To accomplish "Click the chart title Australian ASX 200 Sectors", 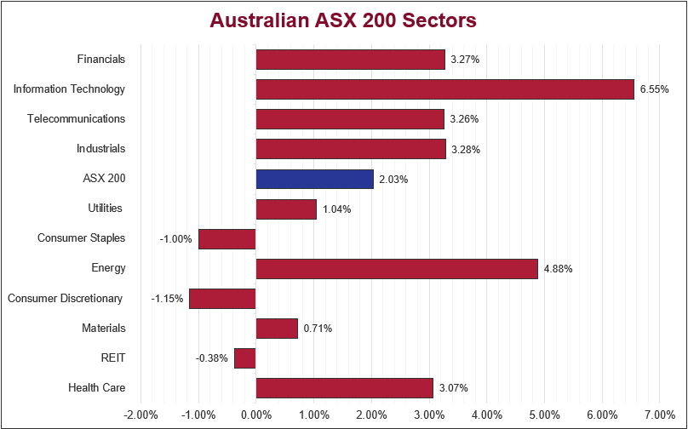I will click(343, 20).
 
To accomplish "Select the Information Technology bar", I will click(444, 89).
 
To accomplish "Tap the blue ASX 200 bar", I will click(314, 179).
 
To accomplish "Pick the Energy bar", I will click(397, 268).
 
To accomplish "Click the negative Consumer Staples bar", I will click(226, 238).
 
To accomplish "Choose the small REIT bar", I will click(244, 357).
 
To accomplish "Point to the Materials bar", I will click(277, 328).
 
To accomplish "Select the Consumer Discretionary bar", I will click(222, 298).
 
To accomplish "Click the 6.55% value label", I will click(654, 89).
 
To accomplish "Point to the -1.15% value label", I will click(167, 299).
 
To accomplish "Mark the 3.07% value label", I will click(453, 388).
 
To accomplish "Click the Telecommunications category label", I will click(76, 119).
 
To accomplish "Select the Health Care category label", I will click(97, 388).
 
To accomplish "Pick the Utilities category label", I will click(105, 209).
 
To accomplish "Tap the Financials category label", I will click(100, 60).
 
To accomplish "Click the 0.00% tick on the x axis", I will click(255, 415).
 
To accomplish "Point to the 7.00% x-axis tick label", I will click(659, 415).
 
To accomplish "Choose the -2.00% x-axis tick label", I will click(140, 415).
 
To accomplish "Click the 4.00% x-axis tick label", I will click(486, 415).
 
